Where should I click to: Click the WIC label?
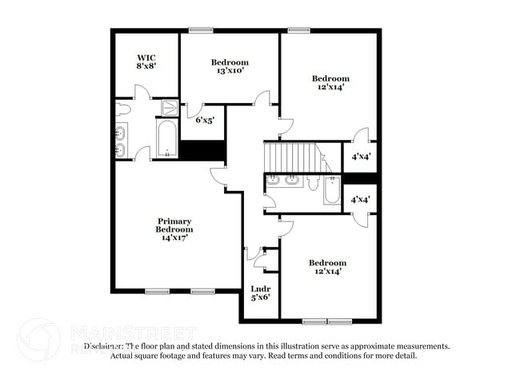(x=146, y=58)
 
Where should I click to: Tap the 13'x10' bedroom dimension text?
(x=230, y=71)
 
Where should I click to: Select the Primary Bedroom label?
(x=174, y=225)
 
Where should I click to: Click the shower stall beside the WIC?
(x=170, y=108)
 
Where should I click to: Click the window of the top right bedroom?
(x=299, y=31)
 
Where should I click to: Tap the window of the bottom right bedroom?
(x=326, y=320)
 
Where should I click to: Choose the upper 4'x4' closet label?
(x=361, y=157)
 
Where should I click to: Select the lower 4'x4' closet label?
(x=361, y=199)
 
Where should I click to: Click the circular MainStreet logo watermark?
(x=38, y=338)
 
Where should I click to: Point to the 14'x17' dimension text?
(x=174, y=238)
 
